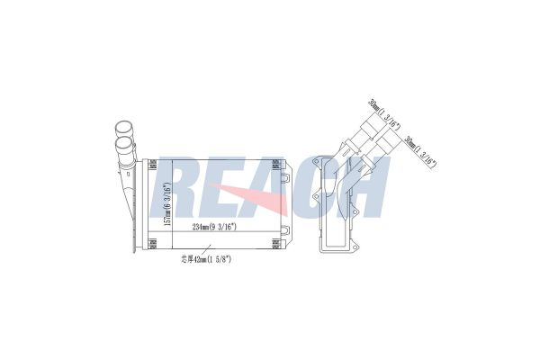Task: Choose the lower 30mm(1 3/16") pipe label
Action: pos(419,149)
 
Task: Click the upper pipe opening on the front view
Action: pos(121,128)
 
